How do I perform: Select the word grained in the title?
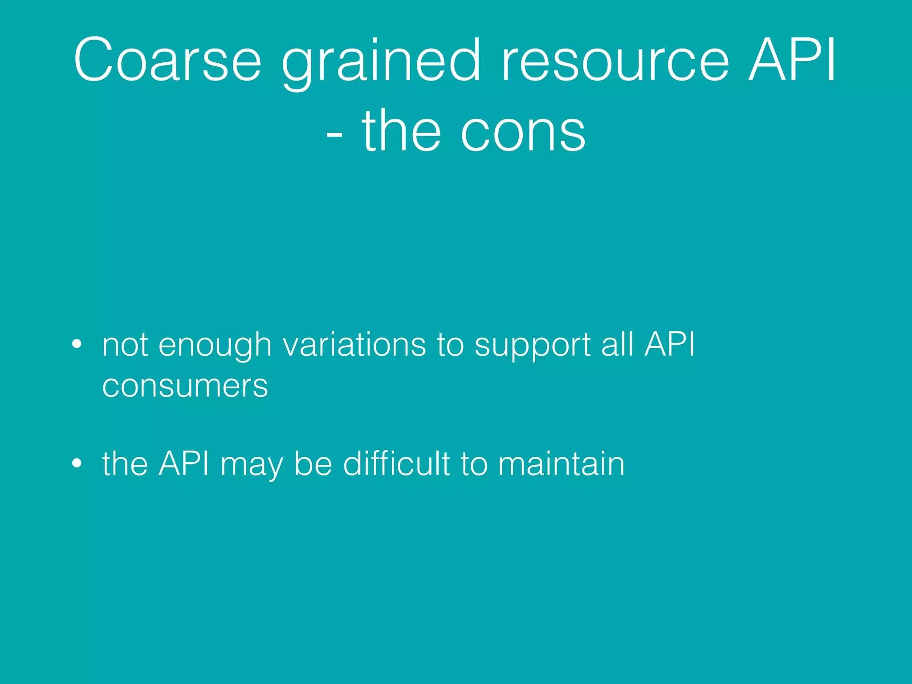381,62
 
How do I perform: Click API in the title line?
792,60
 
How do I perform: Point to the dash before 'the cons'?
334,134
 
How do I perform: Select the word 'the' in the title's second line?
401,130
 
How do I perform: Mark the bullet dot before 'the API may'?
77,463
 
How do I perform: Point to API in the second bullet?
183,463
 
